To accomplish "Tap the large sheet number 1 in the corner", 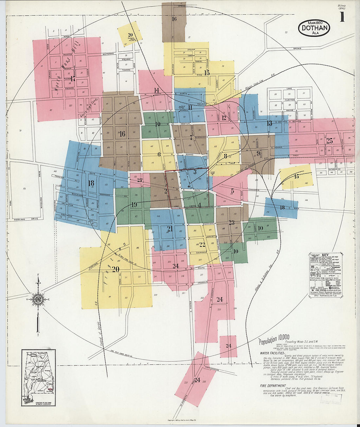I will click(342, 17).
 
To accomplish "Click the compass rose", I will click(38, 299).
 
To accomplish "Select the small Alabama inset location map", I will click(38, 377).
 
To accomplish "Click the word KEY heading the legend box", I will click(325, 255).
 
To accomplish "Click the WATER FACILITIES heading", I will click(272, 353).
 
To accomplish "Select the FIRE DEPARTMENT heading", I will click(273, 386).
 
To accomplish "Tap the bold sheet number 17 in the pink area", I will click(73, 79).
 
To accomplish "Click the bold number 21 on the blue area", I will click(170, 229).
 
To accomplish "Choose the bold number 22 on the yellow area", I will click(202, 245).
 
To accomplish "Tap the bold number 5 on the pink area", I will click(232, 191).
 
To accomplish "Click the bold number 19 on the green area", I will click(134, 205).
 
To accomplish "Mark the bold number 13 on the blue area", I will click(269, 123).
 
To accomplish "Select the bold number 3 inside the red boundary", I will click(195, 172).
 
